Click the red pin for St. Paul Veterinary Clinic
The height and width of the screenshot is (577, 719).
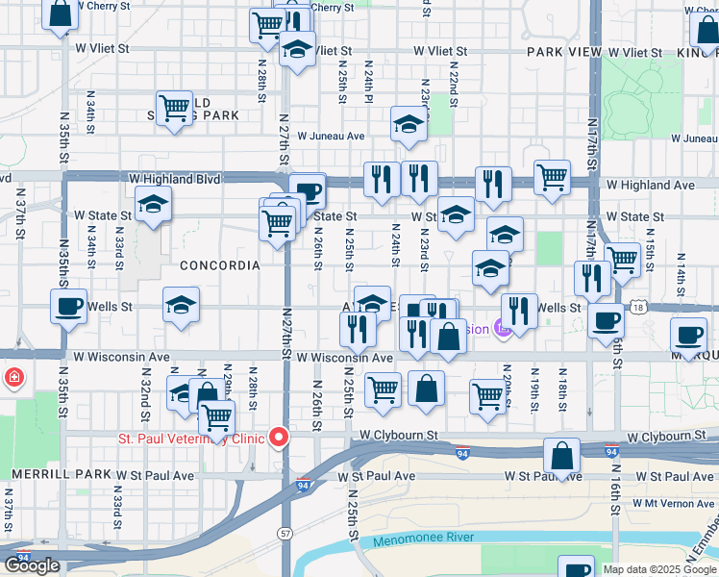tap(280, 438)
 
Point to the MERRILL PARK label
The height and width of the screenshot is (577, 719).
tap(56, 475)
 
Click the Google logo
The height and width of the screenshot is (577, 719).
tap(32, 565)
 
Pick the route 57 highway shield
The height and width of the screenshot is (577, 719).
tap(285, 532)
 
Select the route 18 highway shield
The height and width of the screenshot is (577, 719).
tap(638, 307)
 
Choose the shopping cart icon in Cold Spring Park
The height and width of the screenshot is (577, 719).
tap(175, 107)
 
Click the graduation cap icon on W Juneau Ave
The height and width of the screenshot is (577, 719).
tap(409, 124)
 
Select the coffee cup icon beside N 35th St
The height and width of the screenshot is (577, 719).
tap(68, 305)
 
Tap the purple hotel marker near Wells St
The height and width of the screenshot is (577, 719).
tap(503, 329)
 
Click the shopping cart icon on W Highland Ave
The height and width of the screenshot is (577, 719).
tap(553, 176)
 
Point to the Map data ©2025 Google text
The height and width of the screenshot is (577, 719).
tap(659, 569)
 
